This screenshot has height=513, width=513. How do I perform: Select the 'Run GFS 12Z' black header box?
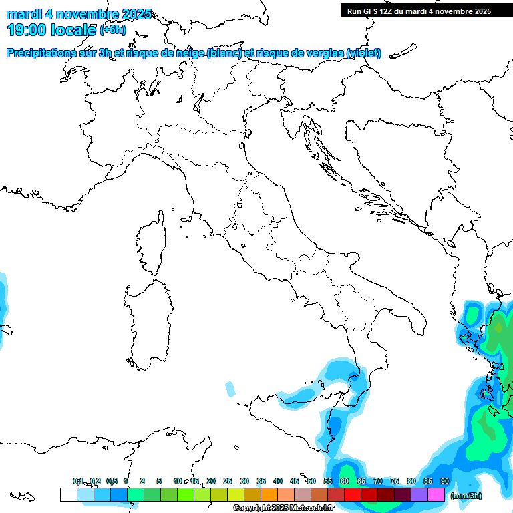pyautogui.click(x=418, y=11)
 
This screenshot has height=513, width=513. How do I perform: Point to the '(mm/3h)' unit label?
pyautogui.click(x=466, y=496)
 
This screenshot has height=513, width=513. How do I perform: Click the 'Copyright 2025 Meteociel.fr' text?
pyautogui.click(x=283, y=508)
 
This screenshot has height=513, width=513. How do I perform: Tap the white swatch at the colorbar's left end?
pyautogui.click(x=68, y=495)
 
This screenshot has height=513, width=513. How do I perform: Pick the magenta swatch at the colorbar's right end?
pyautogui.click(x=436, y=495)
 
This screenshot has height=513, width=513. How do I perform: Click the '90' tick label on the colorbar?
pyautogui.click(x=444, y=481)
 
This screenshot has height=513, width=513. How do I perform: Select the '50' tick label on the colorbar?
pyautogui.click(x=311, y=481)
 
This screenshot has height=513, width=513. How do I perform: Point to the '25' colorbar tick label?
pyautogui.click(x=227, y=481)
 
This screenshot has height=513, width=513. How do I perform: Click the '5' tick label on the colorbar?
pyautogui.click(x=159, y=481)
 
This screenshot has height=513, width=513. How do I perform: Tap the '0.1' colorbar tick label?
pyautogui.click(x=78, y=481)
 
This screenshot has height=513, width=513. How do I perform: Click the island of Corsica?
pyautogui.click(x=150, y=246)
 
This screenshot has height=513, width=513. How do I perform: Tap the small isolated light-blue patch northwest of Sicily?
pyautogui.click(x=230, y=389)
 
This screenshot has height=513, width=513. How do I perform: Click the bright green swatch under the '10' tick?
pyautogui.click(x=185, y=495)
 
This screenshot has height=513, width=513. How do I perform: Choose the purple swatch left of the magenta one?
pyautogui.click(x=419, y=495)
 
